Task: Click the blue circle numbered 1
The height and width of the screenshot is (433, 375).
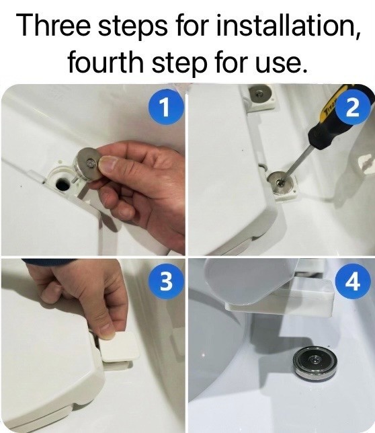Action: point(165,107)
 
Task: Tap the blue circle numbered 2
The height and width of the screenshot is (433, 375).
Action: point(352,107)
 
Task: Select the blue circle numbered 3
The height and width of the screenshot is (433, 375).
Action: point(165,282)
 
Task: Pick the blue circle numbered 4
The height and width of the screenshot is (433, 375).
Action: point(352,282)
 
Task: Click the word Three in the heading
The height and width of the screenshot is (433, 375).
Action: point(53,25)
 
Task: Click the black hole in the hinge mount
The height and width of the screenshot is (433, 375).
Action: point(62,184)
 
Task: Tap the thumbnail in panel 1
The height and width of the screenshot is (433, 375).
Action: point(108,165)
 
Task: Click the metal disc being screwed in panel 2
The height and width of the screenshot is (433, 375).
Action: point(281,183)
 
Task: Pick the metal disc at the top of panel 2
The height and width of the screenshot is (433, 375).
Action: point(258,94)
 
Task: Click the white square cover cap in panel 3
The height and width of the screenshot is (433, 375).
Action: point(119,347)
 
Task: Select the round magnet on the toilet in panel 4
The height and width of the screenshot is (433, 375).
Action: point(316,364)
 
